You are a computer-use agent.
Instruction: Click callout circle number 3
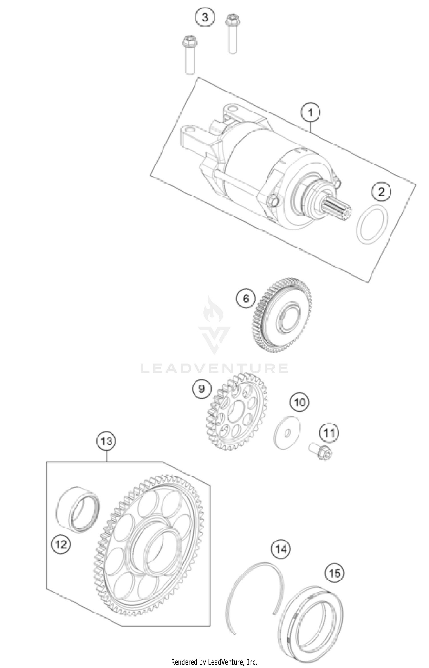coord(205,18)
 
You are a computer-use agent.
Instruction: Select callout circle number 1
coord(311,113)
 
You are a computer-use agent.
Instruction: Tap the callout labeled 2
coord(381,192)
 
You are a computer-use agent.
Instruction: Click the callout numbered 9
coord(202,389)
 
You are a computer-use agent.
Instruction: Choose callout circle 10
coord(300,403)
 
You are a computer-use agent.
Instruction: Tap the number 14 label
coord(281,549)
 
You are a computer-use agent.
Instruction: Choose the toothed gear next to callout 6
coord(282,315)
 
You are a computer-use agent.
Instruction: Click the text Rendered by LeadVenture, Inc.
coord(214,661)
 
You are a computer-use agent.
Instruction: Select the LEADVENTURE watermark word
coord(214,368)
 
